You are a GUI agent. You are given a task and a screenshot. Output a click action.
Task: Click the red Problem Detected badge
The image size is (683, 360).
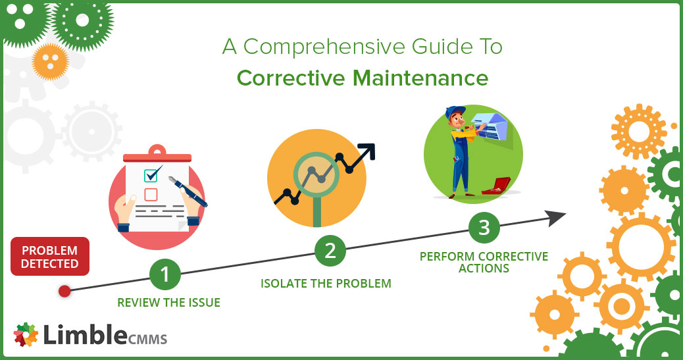[x=49, y=256]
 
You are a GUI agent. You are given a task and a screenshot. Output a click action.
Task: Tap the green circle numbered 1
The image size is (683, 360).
[x=164, y=274]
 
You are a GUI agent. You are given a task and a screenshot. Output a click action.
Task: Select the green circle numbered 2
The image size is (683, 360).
[x=330, y=251]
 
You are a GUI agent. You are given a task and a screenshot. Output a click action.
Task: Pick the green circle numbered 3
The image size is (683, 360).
[x=484, y=228]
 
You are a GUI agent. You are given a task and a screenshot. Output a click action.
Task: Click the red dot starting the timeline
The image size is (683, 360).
[x=64, y=291]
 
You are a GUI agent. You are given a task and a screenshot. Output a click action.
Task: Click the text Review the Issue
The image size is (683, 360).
[x=168, y=303]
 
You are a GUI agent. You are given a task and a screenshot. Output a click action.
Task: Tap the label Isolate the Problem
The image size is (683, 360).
[x=326, y=283]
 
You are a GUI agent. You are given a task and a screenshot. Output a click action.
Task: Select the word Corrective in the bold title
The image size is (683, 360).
[x=291, y=78]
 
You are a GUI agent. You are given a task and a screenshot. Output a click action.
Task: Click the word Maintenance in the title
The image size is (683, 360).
[x=420, y=78]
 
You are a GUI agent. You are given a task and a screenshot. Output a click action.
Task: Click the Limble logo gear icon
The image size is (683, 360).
[x=26, y=335]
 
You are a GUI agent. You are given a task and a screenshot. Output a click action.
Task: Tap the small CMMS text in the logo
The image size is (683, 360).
[x=147, y=339]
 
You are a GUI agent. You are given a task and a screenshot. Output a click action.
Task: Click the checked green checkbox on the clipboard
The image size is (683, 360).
[x=151, y=175]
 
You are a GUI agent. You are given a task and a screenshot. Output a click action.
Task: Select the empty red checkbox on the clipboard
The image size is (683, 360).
[x=151, y=194]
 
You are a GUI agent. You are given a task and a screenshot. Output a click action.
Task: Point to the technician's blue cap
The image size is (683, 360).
[x=454, y=112]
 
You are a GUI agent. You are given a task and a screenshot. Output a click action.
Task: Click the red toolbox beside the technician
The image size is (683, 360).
[x=497, y=186]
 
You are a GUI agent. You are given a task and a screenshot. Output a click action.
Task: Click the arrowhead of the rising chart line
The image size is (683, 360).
[x=367, y=151]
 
